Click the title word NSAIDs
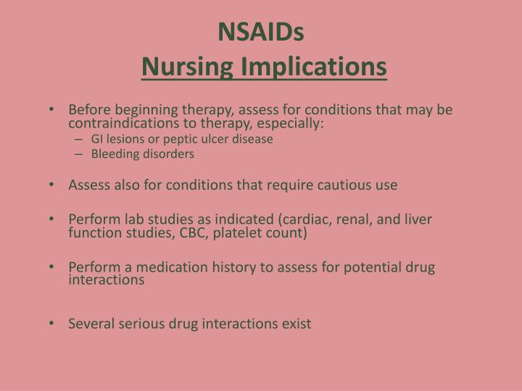(261, 32)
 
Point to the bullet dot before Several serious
(55, 324)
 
